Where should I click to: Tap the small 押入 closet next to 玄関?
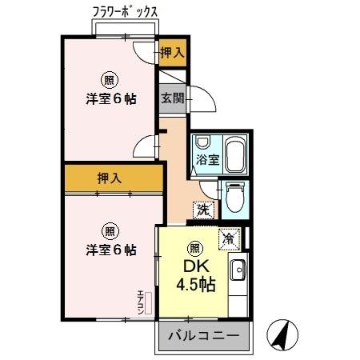[171, 53]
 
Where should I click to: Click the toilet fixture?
[234, 196]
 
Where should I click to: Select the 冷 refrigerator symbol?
[229, 238]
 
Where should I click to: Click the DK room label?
[194, 266]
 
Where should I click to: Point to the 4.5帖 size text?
[195, 286]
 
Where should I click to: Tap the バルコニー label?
[202, 337]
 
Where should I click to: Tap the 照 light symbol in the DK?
[194, 247]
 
